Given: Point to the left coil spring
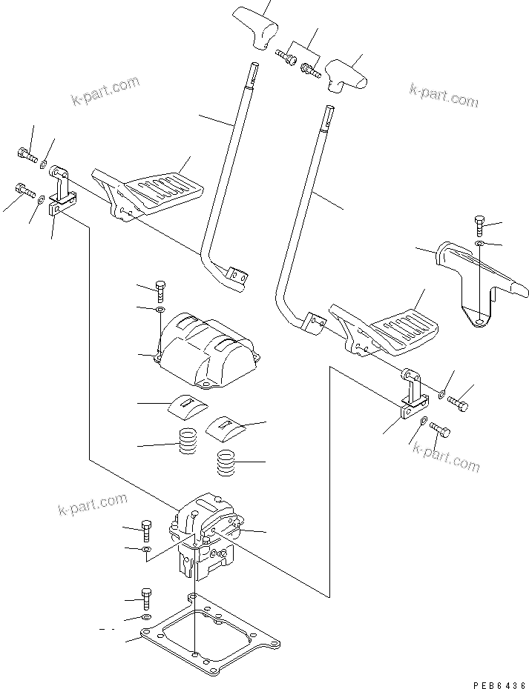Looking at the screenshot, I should [189, 445].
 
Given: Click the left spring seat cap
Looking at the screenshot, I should [186, 404].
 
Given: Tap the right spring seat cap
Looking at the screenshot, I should [226, 425].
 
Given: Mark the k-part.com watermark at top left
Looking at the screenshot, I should [105, 90].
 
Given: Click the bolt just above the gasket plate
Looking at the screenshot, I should [147, 598].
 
